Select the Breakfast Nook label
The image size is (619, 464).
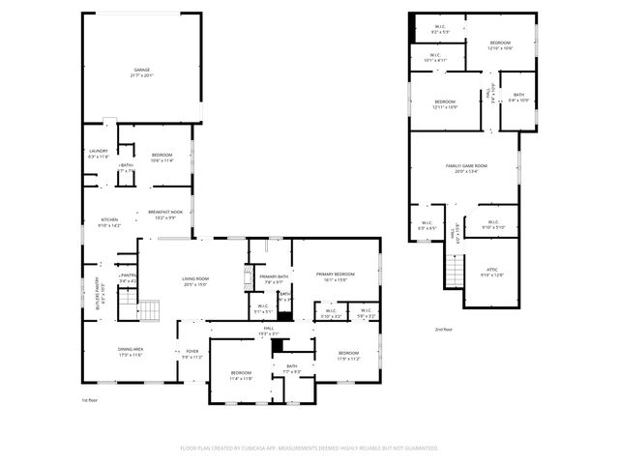tap(164, 215)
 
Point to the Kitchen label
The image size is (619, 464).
tap(109, 222)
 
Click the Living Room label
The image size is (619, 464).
tap(195, 281)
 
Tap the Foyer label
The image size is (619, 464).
tap(192, 354)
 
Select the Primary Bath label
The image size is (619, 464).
tap(272, 279)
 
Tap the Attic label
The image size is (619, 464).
tap(492, 273)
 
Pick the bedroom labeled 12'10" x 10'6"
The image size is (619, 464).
tap(500, 45)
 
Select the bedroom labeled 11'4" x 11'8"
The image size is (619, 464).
tap(241, 375)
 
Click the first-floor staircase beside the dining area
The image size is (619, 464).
tap(148, 311)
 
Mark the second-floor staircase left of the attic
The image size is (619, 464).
tap(455, 271)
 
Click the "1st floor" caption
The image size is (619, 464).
tap(90, 399)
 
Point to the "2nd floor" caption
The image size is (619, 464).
tap(444, 330)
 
